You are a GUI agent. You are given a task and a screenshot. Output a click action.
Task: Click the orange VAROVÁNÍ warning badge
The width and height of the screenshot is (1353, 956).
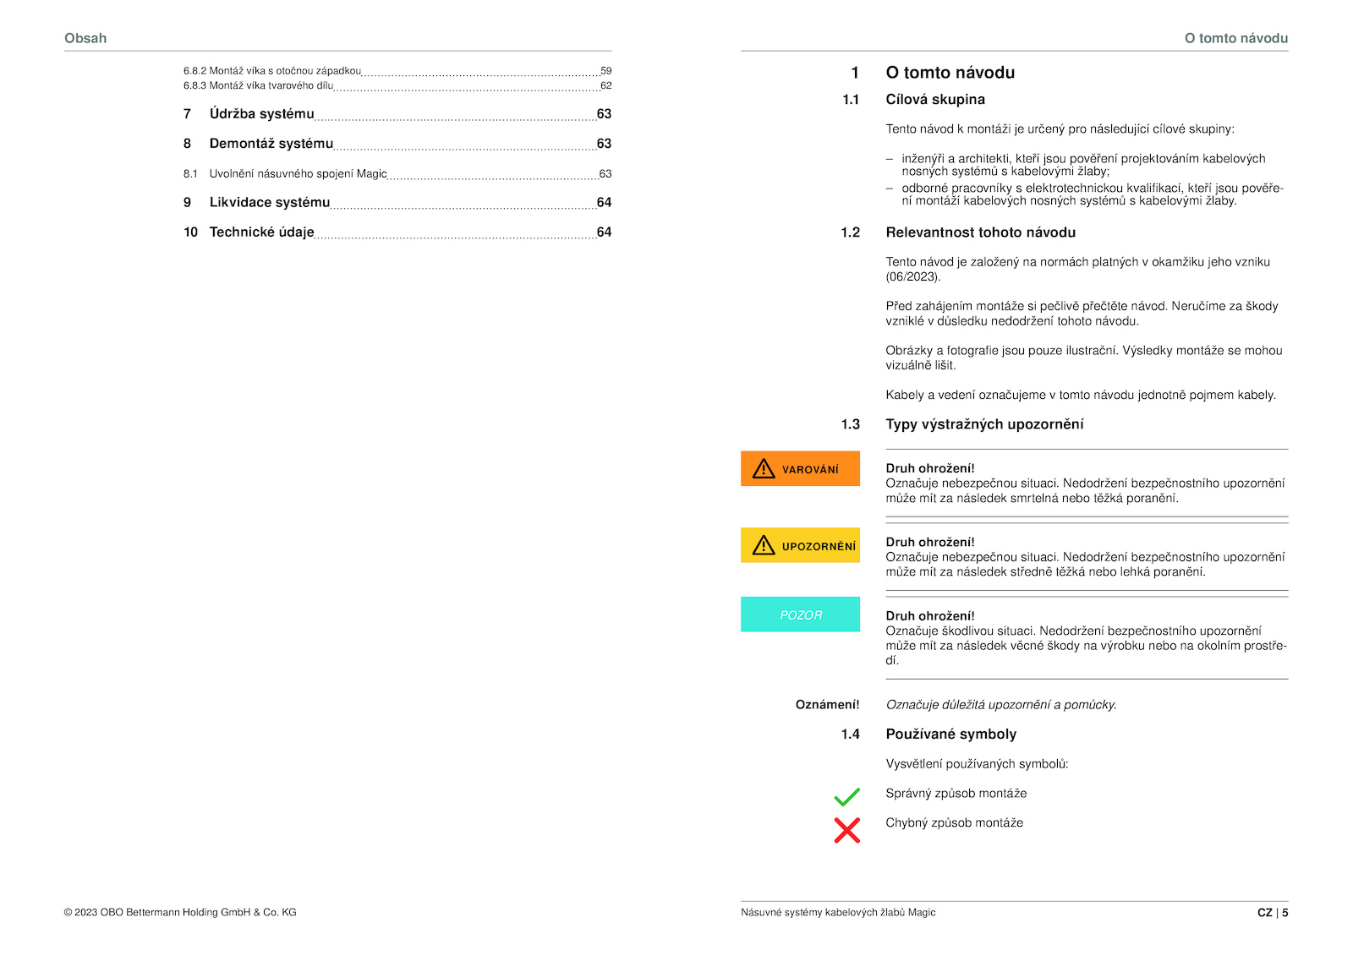click(800, 469)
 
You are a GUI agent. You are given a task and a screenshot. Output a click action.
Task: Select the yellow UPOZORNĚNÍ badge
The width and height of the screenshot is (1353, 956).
click(800, 546)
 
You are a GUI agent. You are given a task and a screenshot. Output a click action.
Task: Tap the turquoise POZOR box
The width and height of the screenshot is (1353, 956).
click(800, 615)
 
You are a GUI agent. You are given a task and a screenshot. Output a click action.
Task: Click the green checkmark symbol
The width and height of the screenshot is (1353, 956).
click(846, 796)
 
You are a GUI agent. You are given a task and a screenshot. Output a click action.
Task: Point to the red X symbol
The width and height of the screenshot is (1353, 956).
click(846, 830)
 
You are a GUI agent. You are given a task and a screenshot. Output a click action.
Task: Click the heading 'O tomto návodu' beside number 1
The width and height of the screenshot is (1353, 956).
click(950, 73)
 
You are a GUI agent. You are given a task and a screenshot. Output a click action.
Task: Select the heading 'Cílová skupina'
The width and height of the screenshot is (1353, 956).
click(935, 100)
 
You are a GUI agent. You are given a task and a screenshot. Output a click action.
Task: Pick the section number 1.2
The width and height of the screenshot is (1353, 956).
click(850, 232)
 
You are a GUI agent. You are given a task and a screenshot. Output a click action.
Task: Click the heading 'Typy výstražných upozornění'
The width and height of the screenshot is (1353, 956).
click(984, 424)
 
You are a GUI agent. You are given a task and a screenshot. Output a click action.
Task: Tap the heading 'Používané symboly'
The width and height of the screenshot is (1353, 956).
click(950, 735)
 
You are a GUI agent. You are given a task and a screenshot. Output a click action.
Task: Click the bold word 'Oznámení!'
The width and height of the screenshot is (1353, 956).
click(827, 705)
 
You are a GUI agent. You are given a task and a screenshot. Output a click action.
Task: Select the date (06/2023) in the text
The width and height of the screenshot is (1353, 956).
click(912, 277)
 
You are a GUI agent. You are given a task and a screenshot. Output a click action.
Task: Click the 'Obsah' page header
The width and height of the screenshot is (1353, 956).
click(85, 38)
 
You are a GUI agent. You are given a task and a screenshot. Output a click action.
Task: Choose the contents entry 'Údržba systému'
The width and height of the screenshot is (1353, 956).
click(261, 114)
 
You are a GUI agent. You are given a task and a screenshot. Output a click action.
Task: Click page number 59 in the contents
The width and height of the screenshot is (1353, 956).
click(605, 71)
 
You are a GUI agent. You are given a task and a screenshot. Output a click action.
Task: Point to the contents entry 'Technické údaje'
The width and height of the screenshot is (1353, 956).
click(261, 232)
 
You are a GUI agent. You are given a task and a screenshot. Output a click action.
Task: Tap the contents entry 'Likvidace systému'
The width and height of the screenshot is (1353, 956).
click(269, 203)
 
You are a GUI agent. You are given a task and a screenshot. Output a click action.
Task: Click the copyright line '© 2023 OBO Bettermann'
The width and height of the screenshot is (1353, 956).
click(180, 913)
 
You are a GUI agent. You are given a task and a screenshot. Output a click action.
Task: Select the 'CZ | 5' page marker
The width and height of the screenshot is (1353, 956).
click(1272, 913)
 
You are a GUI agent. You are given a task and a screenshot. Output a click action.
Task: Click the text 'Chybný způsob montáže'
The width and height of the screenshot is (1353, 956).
click(954, 823)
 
